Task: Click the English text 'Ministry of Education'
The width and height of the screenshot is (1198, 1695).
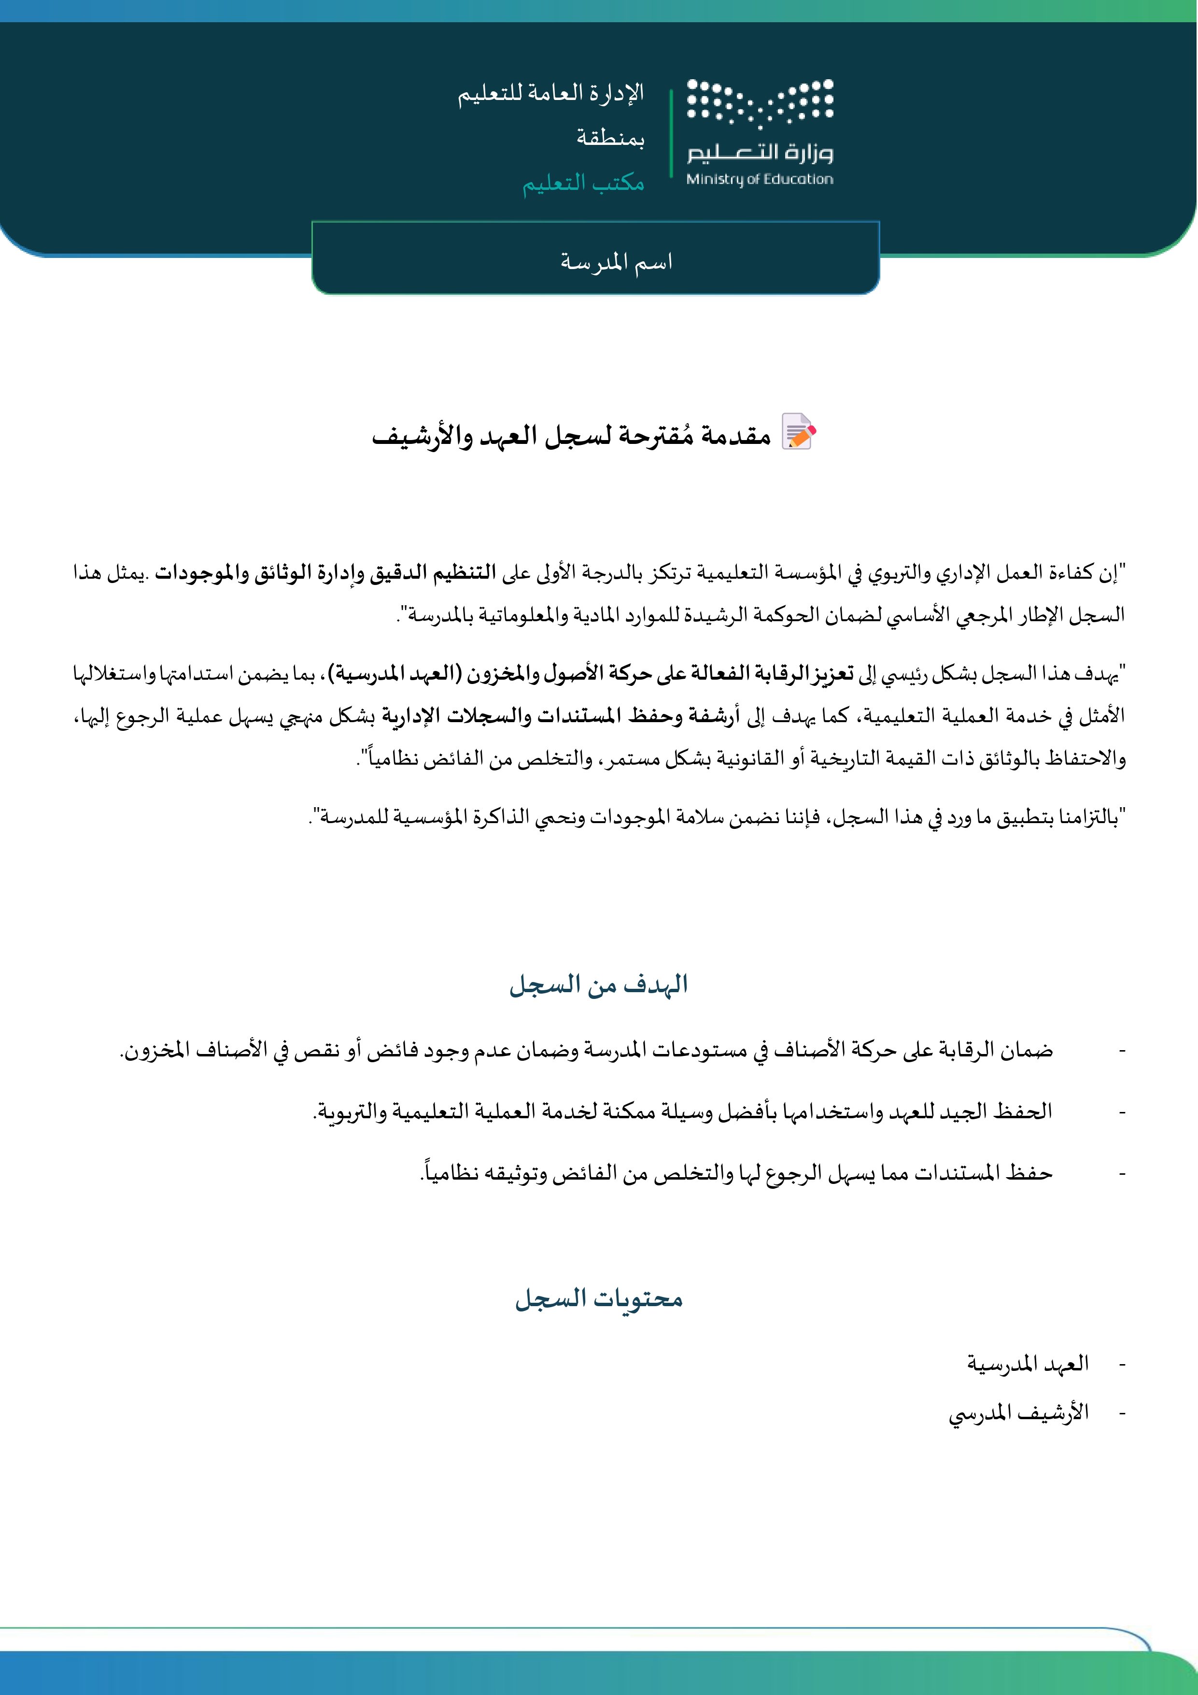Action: coord(760,179)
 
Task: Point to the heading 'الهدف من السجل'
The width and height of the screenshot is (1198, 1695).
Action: coord(599,985)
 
